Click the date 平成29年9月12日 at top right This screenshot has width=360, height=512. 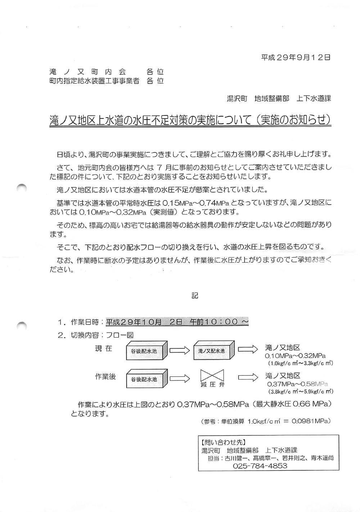coord(296,57)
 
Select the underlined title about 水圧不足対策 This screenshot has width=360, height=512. coord(190,120)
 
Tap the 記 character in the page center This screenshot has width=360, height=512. coord(195,296)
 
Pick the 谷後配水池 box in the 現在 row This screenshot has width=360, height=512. coord(145,351)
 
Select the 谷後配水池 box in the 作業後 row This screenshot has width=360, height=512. coord(145,379)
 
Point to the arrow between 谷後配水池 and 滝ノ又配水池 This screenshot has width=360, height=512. coord(180,350)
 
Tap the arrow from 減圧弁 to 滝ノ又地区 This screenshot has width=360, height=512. coord(248,377)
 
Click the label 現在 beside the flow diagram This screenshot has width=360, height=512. coord(104,348)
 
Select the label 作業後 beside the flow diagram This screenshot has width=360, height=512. coord(105,376)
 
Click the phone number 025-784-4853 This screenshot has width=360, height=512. coord(260,466)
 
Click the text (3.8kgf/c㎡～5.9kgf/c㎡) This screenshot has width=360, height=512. coord(301,391)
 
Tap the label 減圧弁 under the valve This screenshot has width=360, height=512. coord(212,385)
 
